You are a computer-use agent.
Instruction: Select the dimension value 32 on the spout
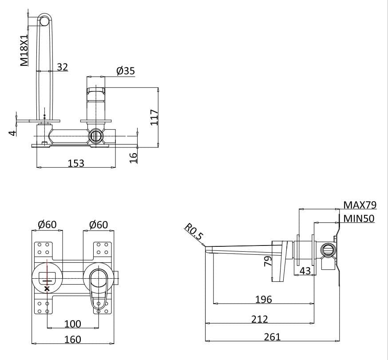(x=63, y=67)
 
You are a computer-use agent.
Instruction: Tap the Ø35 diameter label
(x=125, y=71)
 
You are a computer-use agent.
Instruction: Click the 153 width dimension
(x=76, y=163)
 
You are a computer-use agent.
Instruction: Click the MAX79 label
(x=360, y=205)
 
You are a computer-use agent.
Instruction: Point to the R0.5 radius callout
(x=194, y=232)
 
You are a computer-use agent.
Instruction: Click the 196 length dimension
(x=264, y=299)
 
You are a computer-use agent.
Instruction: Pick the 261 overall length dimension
(x=272, y=337)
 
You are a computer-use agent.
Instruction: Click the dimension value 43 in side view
(x=305, y=270)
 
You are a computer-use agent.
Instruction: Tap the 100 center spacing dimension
(x=73, y=324)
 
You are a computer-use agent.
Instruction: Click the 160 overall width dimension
(x=73, y=339)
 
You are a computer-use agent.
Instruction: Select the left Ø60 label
(x=47, y=225)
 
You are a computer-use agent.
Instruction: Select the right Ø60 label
(x=98, y=225)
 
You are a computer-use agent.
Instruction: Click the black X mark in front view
(x=48, y=289)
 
